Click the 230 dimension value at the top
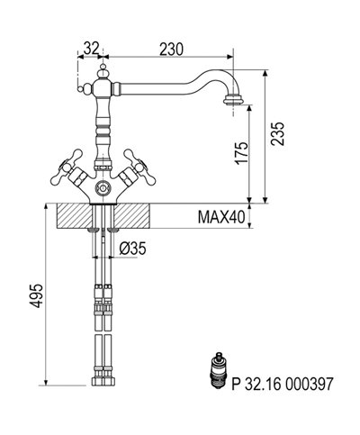pyautogui.click(x=171, y=50)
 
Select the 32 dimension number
pyautogui.click(x=91, y=48)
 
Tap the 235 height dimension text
pyautogui.click(x=277, y=134)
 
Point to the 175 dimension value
pyautogui.click(x=242, y=153)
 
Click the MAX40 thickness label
pyautogui.click(x=221, y=217)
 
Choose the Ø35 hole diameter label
pyautogui.click(x=132, y=249)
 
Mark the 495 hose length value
pyautogui.click(x=37, y=295)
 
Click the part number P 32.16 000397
pyautogui.click(x=283, y=384)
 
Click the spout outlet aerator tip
pyautogui.click(x=233, y=100)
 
